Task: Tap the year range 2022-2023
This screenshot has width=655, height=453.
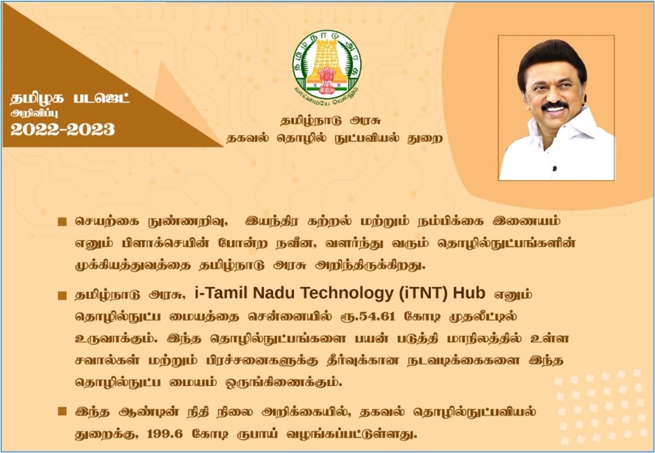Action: coord(63,129)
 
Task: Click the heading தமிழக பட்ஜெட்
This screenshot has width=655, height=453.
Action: coord(70,99)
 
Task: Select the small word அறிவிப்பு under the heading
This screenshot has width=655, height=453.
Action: coord(34,113)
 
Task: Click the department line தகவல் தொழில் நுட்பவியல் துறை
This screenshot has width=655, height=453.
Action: coord(334,138)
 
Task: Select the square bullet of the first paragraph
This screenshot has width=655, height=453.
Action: coord(62,222)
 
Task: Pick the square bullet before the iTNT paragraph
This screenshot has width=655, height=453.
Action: coord(62,296)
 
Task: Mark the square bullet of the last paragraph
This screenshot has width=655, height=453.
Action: coord(62,412)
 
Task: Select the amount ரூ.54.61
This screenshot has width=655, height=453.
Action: coord(367,317)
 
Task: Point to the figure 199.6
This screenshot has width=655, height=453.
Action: coord(165,434)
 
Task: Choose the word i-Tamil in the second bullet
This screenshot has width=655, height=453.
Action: coord(221,294)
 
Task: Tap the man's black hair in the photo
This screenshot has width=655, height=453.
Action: coord(551,59)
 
